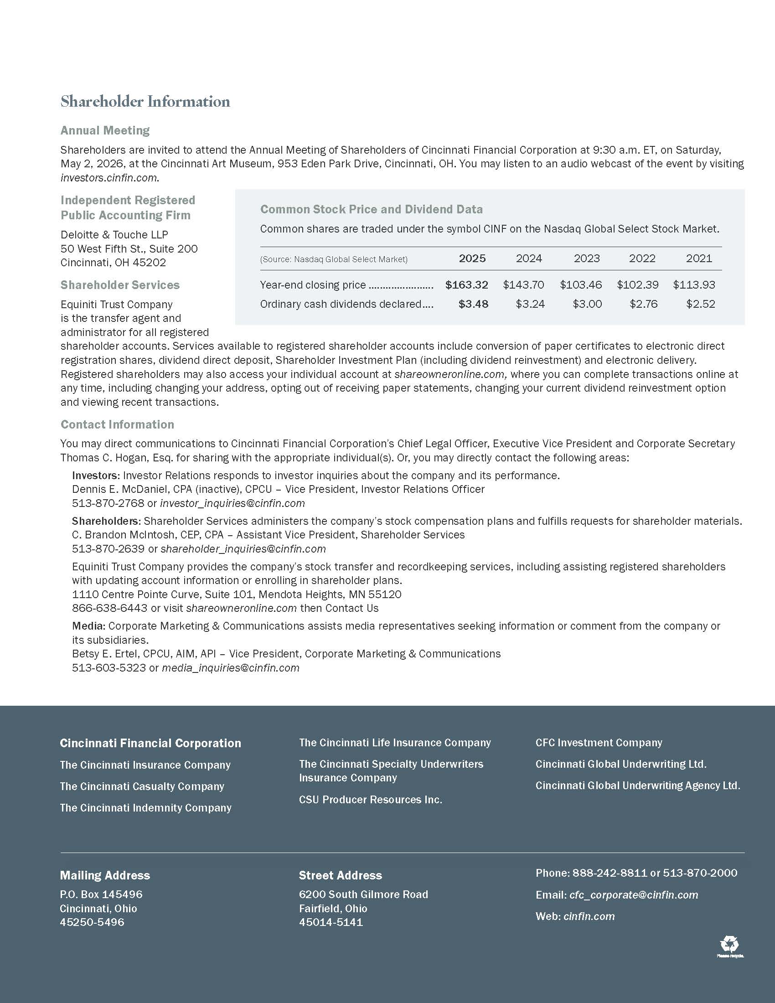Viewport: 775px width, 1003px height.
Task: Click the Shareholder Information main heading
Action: click(x=145, y=102)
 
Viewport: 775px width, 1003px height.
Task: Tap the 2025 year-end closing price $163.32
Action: click(x=466, y=285)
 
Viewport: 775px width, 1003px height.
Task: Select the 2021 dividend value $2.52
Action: click(x=700, y=304)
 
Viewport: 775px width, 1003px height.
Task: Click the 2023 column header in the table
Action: click(x=586, y=259)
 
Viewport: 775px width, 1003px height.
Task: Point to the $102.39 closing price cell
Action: click(x=637, y=285)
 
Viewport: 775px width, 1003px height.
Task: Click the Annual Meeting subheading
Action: click(x=105, y=130)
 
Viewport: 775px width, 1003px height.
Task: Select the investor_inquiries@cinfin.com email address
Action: click(x=232, y=503)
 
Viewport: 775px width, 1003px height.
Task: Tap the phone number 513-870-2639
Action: click(x=108, y=549)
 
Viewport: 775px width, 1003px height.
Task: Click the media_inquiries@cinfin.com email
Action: click(x=231, y=668)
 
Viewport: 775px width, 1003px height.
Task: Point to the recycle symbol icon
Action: click(x=729, y=944)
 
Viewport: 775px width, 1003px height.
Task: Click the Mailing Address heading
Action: click(x=105, y=875)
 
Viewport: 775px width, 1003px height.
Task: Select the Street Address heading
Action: click(x=340, y=875)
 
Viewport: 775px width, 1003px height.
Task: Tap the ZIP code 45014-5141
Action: click(x=331, y=922)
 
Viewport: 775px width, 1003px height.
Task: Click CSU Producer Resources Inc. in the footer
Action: click(x=371, y=800)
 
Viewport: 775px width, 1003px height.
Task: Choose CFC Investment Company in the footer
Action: click(x=599, y=743)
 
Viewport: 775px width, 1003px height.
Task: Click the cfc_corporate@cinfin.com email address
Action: click(x=634, y=894)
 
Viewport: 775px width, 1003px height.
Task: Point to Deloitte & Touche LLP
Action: click(x=114, y=235)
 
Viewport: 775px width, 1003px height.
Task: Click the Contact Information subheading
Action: click(x=118, y=424)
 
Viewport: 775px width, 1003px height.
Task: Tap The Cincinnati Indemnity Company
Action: click(x=145, y=808)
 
